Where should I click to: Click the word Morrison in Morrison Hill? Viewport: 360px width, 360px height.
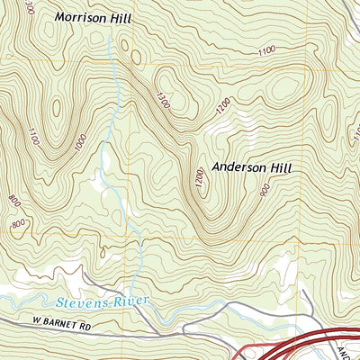tap(84, 17)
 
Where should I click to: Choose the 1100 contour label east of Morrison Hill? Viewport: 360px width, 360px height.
tap(266, 51)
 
